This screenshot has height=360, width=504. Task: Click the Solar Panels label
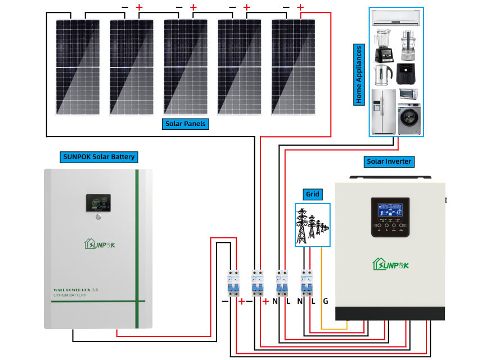[x=185, y=124]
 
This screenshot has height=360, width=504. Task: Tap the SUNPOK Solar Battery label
[x=98, y=156]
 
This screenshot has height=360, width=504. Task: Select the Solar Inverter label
[x=389, y=161]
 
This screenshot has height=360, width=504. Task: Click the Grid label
[x=312, y=195]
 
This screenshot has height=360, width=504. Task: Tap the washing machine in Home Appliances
[x=409, y=119]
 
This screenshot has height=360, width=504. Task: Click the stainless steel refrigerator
[x=383, y=111]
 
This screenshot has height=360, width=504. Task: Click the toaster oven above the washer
[x=408, y=94]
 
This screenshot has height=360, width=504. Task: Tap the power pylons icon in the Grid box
[x=312, y=224]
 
